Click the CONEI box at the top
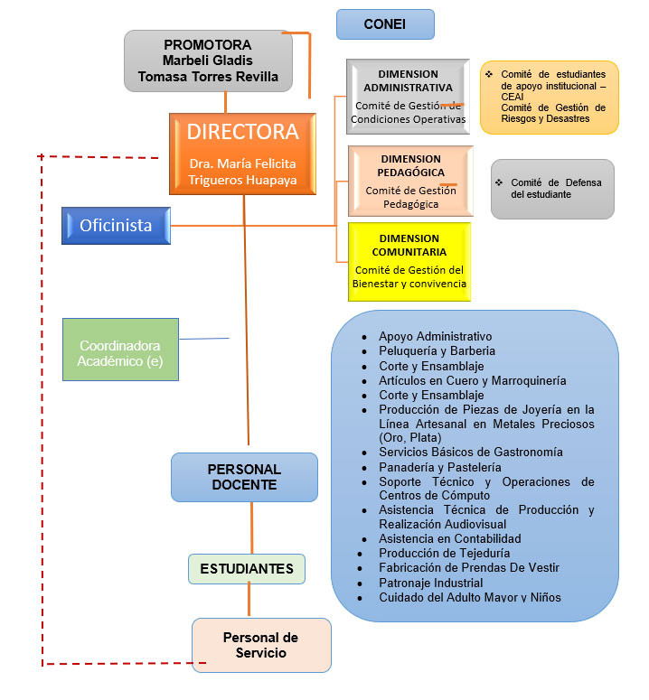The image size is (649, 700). pos(385,24)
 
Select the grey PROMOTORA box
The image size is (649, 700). pos(208,61)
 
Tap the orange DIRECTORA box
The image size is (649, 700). pos(242,154)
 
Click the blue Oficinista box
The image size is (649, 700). pos(117,226)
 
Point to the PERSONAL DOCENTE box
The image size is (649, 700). pos(244,477)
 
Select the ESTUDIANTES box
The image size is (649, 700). pos(247,569)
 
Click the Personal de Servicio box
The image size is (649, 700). pos(260,645)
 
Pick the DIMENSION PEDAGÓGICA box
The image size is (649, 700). pos(410,181)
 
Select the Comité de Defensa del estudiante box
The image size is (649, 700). pos(551,189)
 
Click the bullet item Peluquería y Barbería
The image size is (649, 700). pos(437,350)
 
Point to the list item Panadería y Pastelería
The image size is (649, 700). pos(439,467)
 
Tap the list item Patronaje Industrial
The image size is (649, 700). pos(430,583)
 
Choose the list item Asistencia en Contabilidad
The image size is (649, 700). pos(449,539)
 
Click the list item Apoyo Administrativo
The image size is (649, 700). pos(435,336)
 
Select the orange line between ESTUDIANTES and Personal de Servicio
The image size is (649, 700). pos(248,601)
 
